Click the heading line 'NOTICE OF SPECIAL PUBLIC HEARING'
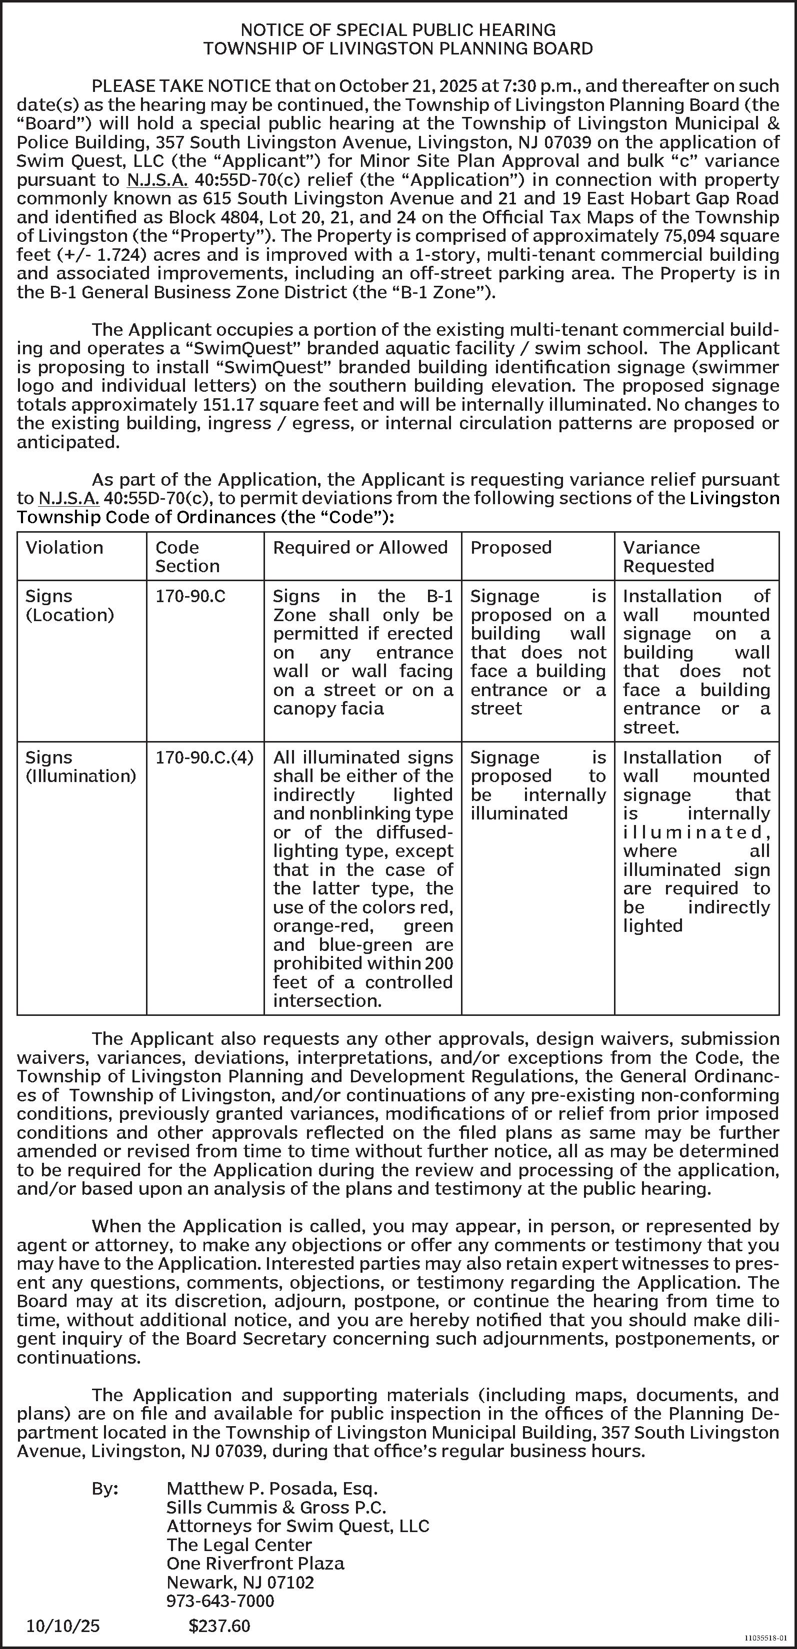tap(398, 29)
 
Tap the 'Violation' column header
tap(64, 547)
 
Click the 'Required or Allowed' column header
tap(360, 547)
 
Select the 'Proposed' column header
tap(510, 547)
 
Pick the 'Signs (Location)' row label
tap(69, 605)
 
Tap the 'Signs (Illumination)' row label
tap(80, 766)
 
